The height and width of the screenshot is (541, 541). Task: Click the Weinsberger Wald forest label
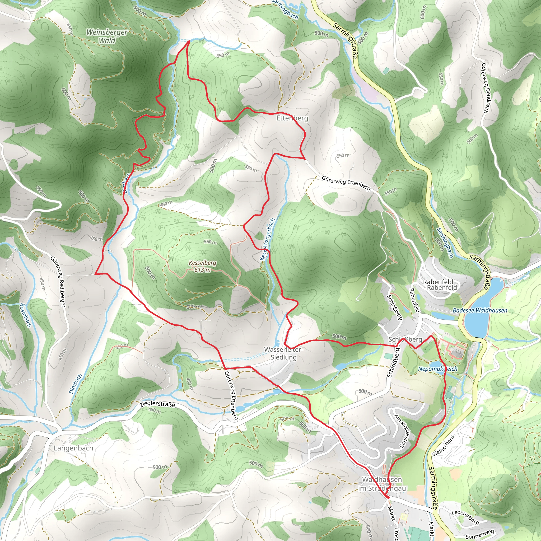pyautogui.click(x=107, y=36)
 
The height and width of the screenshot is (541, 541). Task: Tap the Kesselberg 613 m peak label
pyautogui.click(x=202, y=266)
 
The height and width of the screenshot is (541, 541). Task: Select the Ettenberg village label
pyautogui.click(x=292, y=118)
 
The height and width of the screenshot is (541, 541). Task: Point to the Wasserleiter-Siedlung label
pyautogui.click(x=283, y=353)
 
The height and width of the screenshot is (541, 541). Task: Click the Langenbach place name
pyautogui.click(x=73, y=448)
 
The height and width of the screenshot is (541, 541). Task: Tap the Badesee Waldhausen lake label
pyautogui.click(x=480, y=310)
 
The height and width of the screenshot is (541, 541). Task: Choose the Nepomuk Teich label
pyautogui.click(x=437, y=369)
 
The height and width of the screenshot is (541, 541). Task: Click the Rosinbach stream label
pyautogui.click(x=25, y=315)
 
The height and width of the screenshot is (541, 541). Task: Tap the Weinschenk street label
pyautogui.click(x=444, y=445)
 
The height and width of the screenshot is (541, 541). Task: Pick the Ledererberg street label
pyautogui.click(x=465, y=517)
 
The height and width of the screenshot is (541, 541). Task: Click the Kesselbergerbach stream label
pyautogui.click(x=267, y=239)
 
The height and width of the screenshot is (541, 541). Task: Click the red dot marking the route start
pyautogui.click(x=388, y=497)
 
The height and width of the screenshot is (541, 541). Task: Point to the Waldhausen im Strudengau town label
pyautogui.click(x=382, y=484)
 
